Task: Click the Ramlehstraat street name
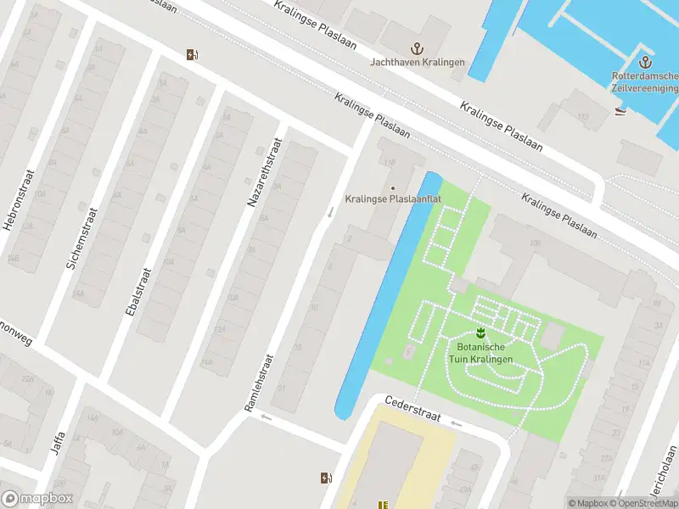260,383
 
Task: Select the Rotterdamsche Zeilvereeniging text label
646,82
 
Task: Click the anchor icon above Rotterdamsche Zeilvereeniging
645,62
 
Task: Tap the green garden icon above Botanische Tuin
480,331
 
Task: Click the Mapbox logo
37,498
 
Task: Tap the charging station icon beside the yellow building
325,478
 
